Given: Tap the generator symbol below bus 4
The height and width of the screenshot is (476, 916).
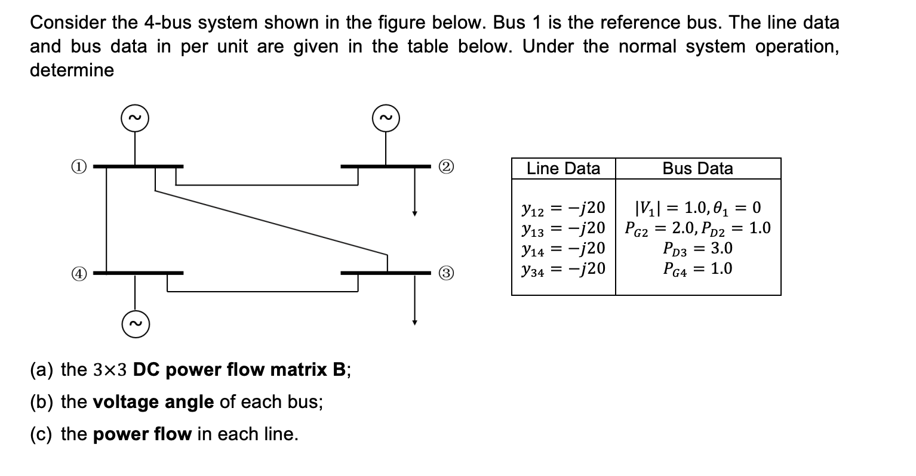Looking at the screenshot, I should (x=135, y=324).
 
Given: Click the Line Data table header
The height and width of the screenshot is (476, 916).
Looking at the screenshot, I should (x=563, y=169).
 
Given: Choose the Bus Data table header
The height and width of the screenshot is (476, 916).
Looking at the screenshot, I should (x=697, y=169).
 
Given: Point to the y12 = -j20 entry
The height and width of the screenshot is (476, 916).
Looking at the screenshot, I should (x=563, y=208).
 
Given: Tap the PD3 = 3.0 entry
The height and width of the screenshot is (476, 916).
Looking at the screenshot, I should (x=697, y=248).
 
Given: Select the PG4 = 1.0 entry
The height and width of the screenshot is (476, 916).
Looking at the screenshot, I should (x=697, y=268).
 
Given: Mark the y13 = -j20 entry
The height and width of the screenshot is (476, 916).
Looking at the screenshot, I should (x=563, y=228).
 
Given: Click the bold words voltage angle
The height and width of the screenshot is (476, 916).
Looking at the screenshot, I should (x=153, y=402).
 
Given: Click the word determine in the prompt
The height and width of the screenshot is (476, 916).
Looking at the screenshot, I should (x=72, y=70).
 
